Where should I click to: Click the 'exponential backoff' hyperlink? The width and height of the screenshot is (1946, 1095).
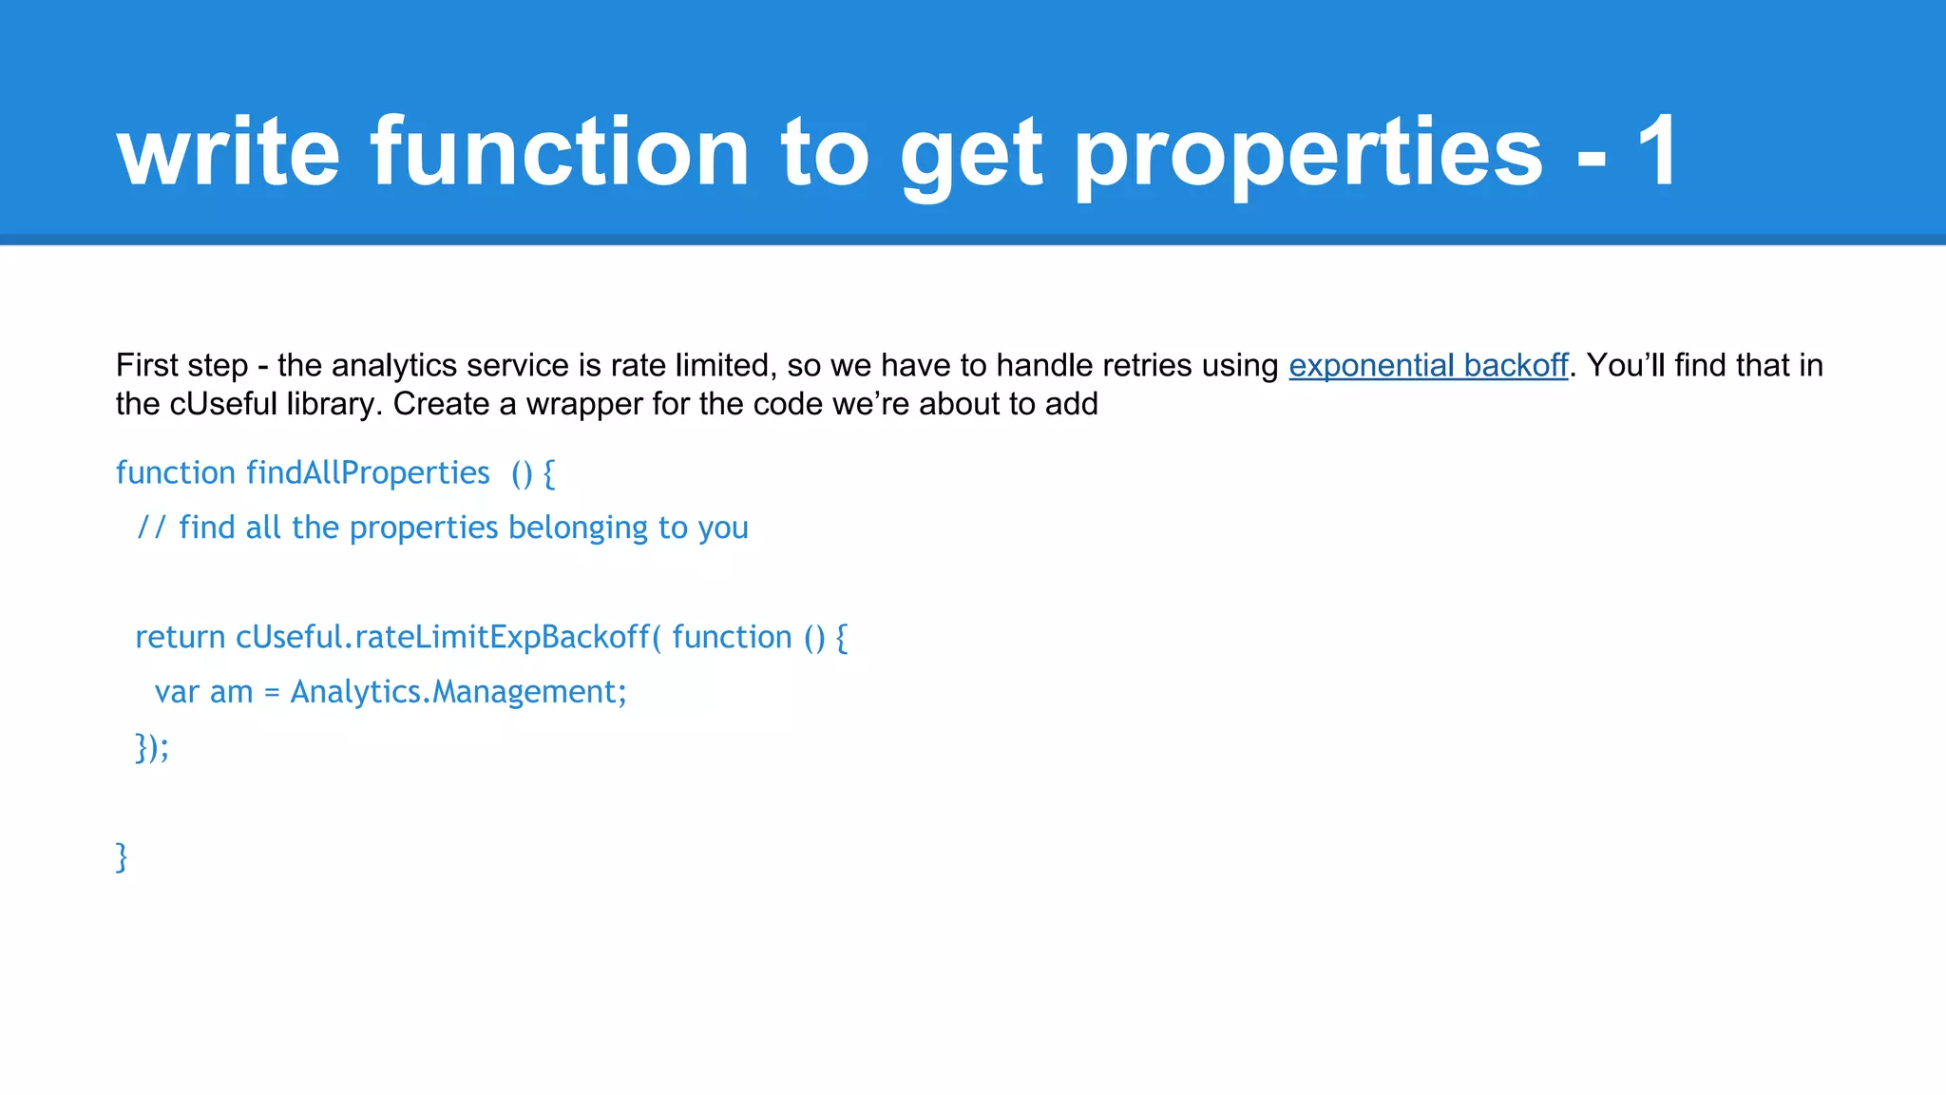coord(1427,366)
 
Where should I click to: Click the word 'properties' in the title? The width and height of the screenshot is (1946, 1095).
coord(1308,154)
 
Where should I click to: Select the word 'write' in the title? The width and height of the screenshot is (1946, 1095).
coord(228,152)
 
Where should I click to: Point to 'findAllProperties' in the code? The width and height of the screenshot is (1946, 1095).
coord(368,472)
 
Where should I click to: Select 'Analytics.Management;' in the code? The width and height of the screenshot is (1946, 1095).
coord(459,692)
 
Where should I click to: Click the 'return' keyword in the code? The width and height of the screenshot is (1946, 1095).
coord(181,638)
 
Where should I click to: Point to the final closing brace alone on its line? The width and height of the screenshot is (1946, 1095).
coord(121,856)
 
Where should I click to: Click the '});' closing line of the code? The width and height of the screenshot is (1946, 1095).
coord(152,747)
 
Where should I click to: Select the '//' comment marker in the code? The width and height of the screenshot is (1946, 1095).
coord(152,528)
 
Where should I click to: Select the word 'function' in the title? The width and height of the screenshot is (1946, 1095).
coord(561,152)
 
